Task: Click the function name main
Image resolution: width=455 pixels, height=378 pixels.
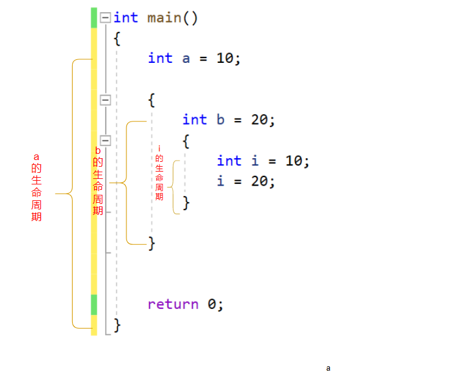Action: (164, 18)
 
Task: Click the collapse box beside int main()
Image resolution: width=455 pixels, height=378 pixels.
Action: (105, 18)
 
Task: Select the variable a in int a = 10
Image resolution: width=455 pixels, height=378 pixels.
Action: (186, 59)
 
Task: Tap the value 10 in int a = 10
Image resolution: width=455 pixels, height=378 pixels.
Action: (225, 59)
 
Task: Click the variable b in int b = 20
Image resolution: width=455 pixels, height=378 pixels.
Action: (220, 120)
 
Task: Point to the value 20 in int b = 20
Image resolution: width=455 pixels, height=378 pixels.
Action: (260, 120)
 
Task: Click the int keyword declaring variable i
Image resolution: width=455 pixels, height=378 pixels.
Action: (229, 161)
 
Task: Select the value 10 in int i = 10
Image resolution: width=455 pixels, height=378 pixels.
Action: (294, 161)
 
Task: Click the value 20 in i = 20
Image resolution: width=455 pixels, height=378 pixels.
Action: (260, 181)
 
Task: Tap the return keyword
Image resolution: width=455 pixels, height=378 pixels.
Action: (173, 304)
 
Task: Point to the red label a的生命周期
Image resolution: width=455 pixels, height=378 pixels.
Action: (37, 187)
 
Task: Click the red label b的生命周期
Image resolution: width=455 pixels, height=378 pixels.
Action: (98, 181)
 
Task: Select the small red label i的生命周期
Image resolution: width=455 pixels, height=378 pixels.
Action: (159, 173)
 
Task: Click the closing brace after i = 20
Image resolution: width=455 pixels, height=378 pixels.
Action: (186, 202)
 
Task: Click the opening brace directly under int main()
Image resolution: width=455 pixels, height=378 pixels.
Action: (117, 38)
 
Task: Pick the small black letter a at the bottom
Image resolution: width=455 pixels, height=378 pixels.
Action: (328, 368)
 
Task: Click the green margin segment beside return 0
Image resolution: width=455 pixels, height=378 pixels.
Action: (94, 304)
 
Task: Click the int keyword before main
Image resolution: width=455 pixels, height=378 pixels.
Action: (126, 18)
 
